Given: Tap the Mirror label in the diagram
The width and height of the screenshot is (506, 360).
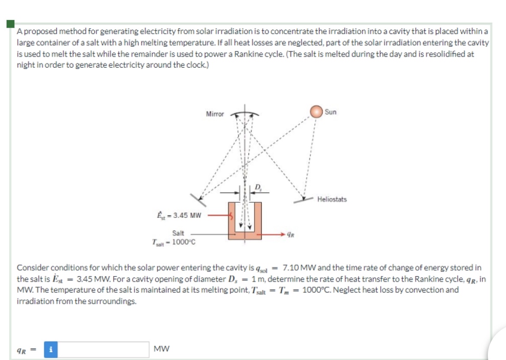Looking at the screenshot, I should tap(215, 114).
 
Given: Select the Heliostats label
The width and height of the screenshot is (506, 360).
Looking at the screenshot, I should tap(332, 199).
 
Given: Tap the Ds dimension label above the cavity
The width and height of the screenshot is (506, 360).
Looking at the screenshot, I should tap(258, 187).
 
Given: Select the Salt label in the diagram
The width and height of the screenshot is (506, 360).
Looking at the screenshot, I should tap(178, 233).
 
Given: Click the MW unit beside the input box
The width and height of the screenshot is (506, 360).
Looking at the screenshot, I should tap(162, 348).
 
